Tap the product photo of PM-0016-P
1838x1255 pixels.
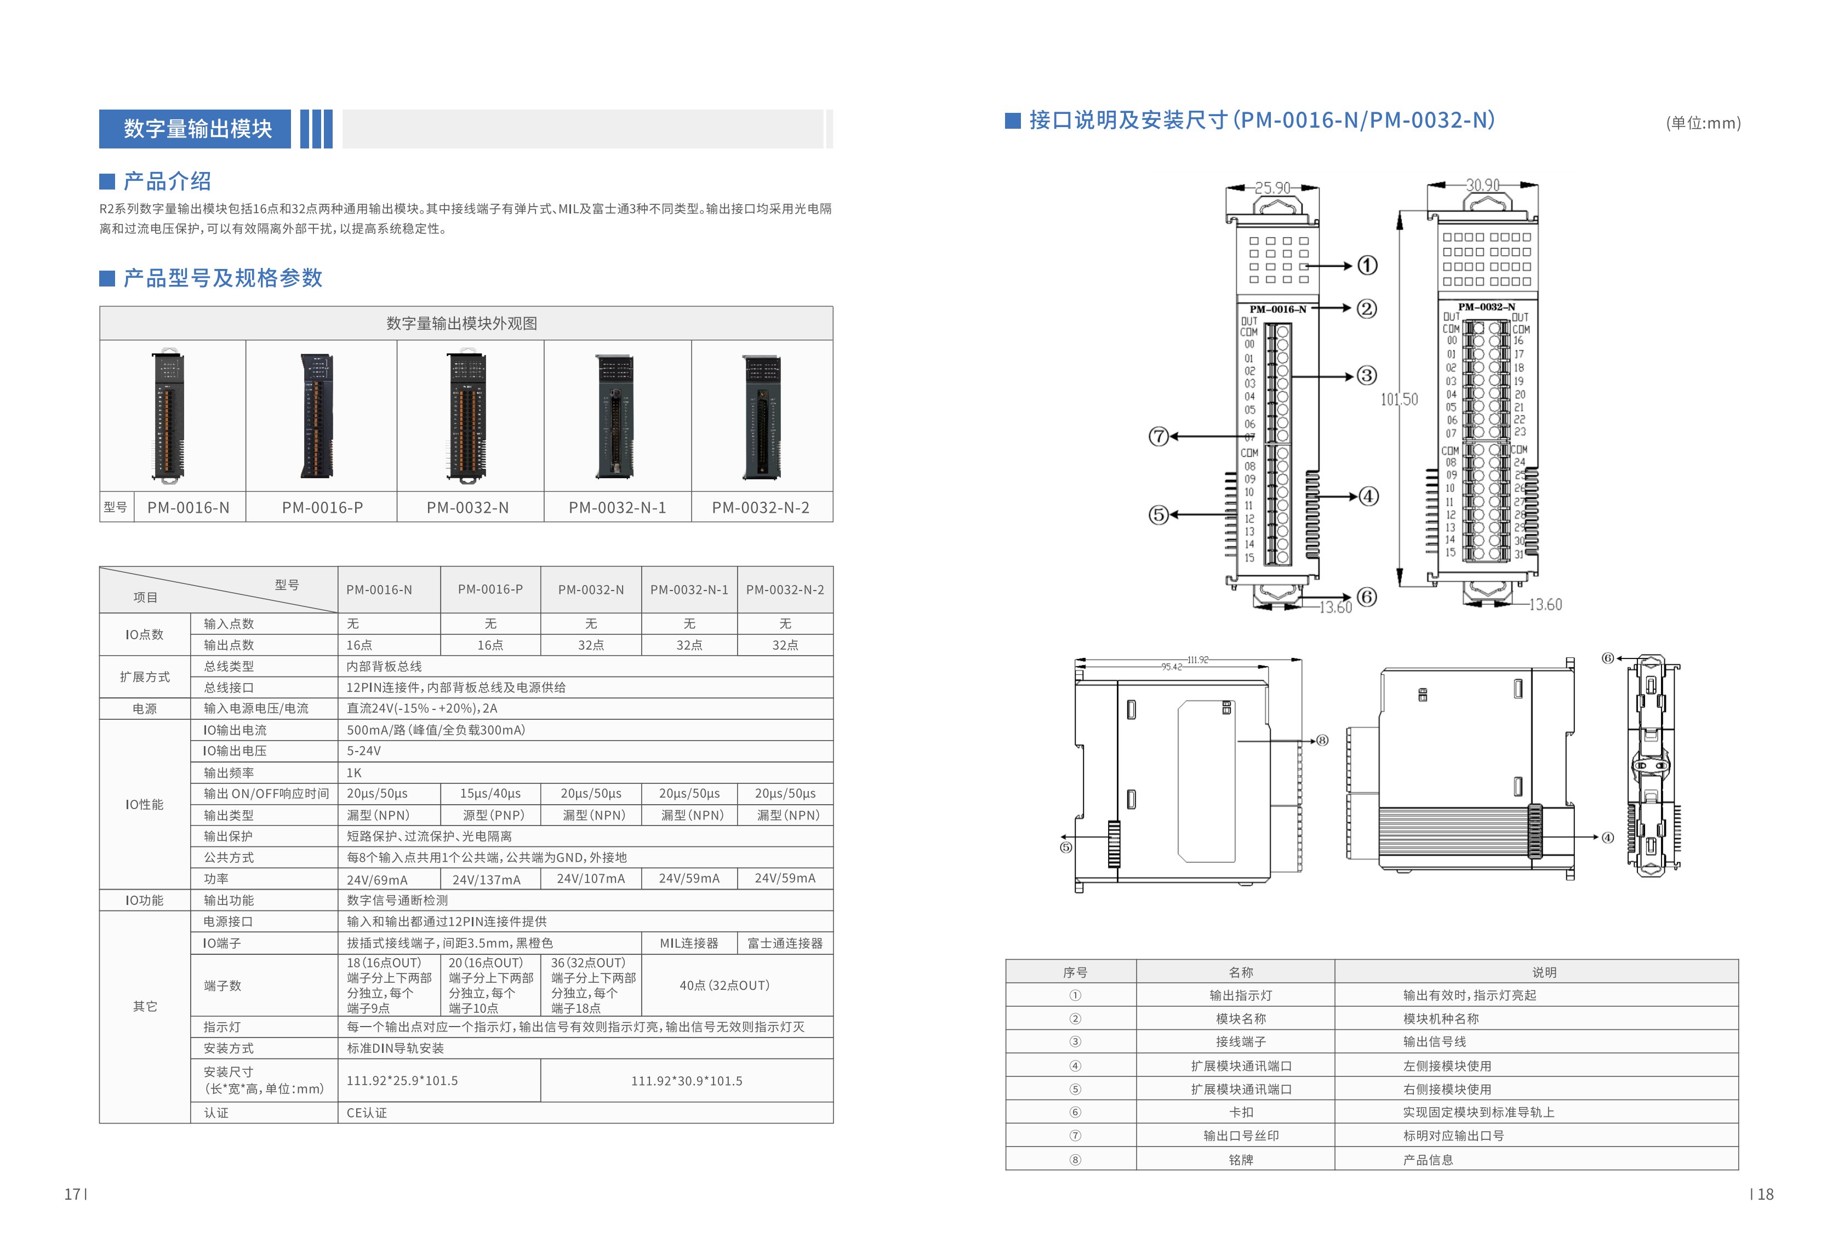click(318, 415)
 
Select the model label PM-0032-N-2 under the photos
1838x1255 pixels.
click(760, 508)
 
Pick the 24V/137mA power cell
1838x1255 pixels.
click(487, 879)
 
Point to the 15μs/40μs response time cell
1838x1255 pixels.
click(490, 793)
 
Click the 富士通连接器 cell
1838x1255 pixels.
click(785, 943)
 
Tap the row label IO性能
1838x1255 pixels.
click(144, 804)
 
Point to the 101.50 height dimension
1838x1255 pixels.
click(1399, 399)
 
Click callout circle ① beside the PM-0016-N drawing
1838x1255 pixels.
click(1367, 265)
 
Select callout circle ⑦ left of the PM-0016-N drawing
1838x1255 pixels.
click(1158, 435)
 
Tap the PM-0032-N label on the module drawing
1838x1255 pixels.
click(1486, 307)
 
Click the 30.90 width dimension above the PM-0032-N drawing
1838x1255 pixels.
click(1482, 185)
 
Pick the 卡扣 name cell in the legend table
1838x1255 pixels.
click(1240, 1112)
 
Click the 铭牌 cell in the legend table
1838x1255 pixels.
click(1240, 1159)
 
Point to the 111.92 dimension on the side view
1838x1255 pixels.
click(1197, 660)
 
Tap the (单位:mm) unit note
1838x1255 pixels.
click(1703, 123)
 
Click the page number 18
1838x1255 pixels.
click(1765, 1194)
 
